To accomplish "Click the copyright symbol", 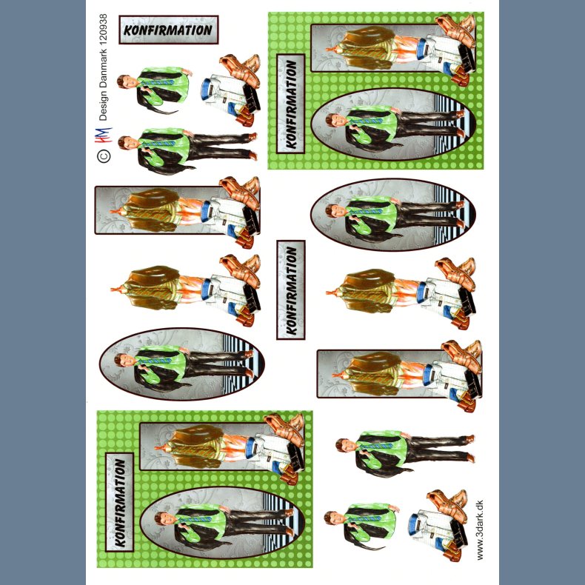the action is click(x=104, y=156).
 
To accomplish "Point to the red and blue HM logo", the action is click(x=104, y=135).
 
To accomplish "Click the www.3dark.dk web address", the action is click(x=480, y=529).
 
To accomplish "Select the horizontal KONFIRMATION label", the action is click(x=169, y=30).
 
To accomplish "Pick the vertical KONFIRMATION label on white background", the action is click(x=290, y=290).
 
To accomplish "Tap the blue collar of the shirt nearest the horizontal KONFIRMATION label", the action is click(x=205, y=89).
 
